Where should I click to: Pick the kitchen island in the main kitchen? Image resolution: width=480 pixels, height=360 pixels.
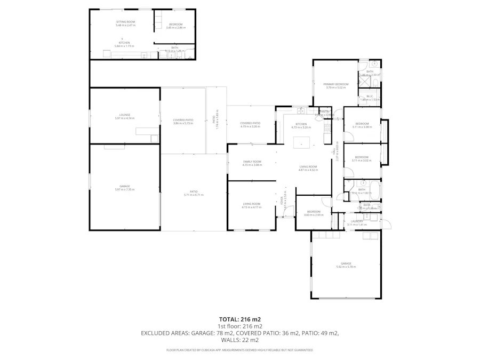[301, 142]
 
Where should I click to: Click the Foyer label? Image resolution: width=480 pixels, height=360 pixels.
[283, 201]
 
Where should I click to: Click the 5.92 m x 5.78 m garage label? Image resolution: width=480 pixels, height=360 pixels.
[346, 265]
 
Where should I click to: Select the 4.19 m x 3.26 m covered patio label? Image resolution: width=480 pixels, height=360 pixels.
[250, 124]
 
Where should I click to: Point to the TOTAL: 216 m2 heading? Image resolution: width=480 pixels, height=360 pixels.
[239, 319]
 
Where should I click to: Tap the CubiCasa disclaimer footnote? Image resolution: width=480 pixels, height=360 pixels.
[239, 350]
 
